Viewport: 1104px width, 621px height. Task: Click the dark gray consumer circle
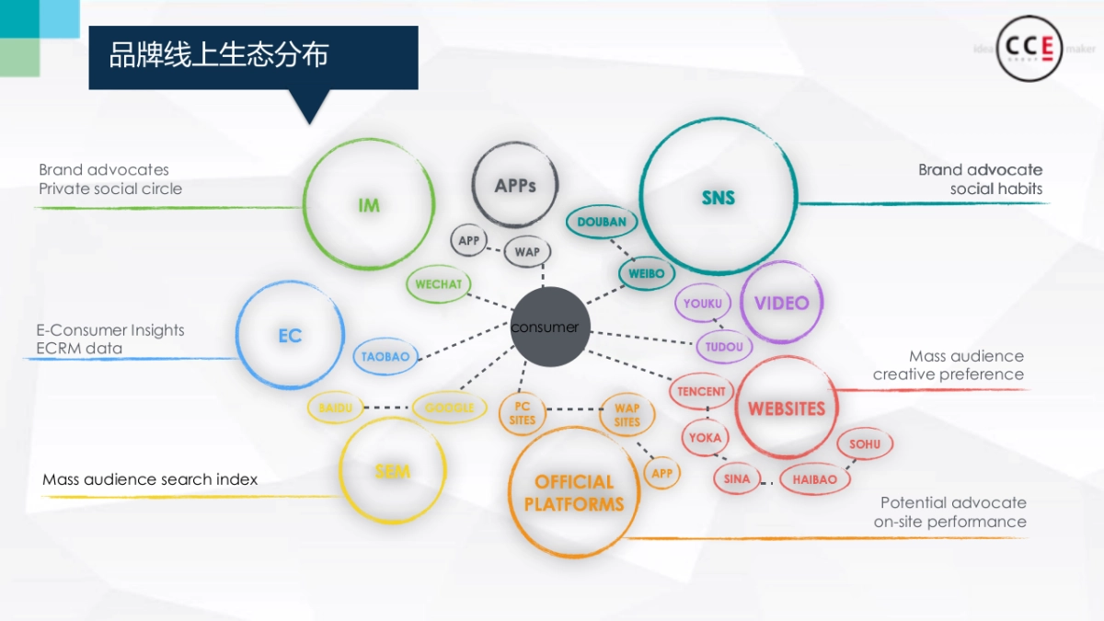(x=549, y=327)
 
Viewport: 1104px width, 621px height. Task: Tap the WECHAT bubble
(x=438, y=284)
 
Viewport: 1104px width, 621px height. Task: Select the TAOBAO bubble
(x=385, y=357)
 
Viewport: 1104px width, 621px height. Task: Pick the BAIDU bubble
(x=336, y=408)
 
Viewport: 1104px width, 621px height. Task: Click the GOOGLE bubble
(x=449, y=408)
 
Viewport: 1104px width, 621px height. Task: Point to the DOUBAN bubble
(x=602, y=222)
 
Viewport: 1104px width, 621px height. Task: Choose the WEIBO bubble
(x=646, y=273)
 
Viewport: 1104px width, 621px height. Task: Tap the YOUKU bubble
(x=703, y=304)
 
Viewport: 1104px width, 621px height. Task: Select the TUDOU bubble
(x=724, y=347)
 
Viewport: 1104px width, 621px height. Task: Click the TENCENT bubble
(x=701, y=391)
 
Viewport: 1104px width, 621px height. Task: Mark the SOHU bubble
(x=865, y=444)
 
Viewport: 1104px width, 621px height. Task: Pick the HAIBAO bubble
(x=814, y=479)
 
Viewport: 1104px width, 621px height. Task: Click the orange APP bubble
(x=661, y=474)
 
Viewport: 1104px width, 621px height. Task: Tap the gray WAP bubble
(x=527, y=252)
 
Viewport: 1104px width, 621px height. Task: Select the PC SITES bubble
(x=523, y=413)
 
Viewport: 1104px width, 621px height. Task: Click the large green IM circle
(x=368, y=205)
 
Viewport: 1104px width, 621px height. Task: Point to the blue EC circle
(x=290, y=336)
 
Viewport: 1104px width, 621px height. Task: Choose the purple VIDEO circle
(x=781, y=303)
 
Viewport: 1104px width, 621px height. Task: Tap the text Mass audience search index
(x=150, y=479)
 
